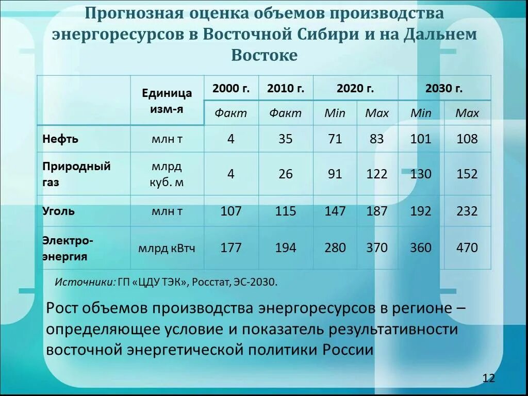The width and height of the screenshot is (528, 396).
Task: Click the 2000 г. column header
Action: click(x=230, y=88)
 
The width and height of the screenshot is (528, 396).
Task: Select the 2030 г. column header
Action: click(x=444, y=88)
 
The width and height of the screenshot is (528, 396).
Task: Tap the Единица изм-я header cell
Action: click(x=167, y=101)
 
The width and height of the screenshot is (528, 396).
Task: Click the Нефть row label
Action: click(x=60, y=139)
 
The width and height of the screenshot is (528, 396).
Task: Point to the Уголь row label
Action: click(x=58, y=211)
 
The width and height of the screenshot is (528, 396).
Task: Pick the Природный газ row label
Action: click(x=76, y=174)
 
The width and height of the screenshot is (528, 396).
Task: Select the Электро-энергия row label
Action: click(x=68, y=248)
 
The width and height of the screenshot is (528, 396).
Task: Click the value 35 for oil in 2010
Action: click(x=285, y=139)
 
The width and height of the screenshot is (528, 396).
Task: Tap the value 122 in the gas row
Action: click(x=376, y=174)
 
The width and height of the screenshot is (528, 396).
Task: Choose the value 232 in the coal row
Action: click(x=467, y=211)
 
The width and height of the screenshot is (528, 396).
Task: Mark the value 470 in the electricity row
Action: click(x=467, y=248)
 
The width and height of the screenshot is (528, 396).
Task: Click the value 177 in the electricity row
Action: click(x=230, y=248)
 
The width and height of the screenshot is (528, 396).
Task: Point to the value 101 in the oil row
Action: click(x=420, y=139)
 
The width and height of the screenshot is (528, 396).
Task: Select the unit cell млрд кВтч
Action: click(x=167, y=249)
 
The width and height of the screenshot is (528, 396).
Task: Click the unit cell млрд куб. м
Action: click(x=167, y=174)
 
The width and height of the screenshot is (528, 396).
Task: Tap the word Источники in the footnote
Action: click(x=85, y=282)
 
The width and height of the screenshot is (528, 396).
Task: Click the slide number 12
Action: click(x=488, y=378)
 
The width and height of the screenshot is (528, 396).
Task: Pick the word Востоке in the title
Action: click(x=264, y=55)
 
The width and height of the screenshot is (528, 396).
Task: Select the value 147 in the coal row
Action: click(x=335, y=211)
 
